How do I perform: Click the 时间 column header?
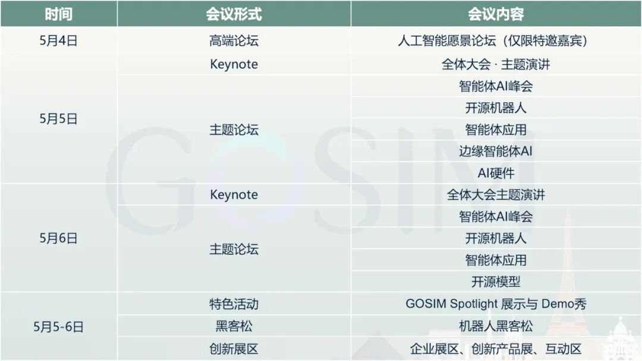pos(58,14)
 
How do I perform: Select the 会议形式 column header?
pos(234,14)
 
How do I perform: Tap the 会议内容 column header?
pos(496,14)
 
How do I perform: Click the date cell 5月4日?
pos(58,41)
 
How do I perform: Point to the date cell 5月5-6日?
pos(58,326)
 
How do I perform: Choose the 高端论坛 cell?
pos(234,41)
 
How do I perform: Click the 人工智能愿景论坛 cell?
pos(496,41)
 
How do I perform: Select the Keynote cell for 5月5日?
pos(234,64)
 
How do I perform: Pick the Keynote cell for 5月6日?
pos(234,195)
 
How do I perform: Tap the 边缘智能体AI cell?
pos(496,151)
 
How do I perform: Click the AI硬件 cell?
pos(496,173)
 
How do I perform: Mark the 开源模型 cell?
pos(496,281)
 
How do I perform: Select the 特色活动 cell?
pos(234,304)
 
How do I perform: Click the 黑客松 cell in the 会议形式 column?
pos(234,326)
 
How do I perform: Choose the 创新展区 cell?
pos(234,349)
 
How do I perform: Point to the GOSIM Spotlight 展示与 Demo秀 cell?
pos(496,304)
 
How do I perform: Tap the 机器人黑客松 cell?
pos(496,326)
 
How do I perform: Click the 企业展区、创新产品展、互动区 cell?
pos(496,349)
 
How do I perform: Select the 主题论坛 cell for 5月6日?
pos(234,249)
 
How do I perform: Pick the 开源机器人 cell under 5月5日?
pos(496,107)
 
